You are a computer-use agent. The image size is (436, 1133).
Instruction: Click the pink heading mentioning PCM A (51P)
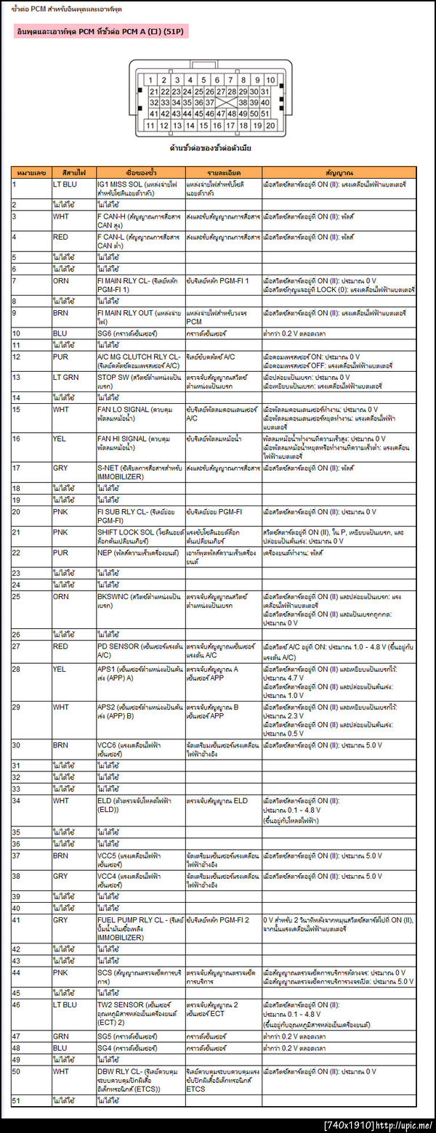(x=101, y=32)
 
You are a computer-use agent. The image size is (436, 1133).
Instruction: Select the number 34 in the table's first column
(x=16, y=800)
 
